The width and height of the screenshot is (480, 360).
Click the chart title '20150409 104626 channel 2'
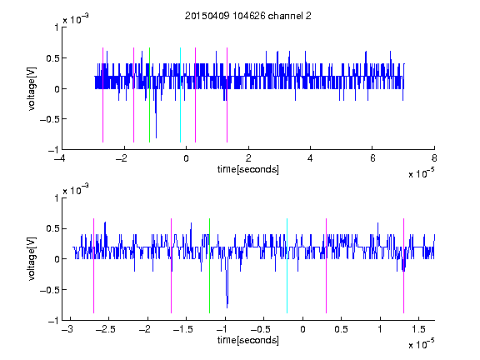248,16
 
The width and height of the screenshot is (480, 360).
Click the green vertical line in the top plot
149,95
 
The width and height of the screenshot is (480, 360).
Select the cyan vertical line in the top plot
180,95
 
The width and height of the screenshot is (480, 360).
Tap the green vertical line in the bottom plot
209,266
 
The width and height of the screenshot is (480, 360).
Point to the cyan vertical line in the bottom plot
287,266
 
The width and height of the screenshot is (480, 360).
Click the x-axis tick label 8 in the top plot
434,158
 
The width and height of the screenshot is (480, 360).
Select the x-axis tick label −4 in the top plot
62,158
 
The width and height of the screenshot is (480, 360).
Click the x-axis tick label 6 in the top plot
372,158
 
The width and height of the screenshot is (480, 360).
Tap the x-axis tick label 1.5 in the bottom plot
418,329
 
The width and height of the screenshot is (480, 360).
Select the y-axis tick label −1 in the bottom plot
53,321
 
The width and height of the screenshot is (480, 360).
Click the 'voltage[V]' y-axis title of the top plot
32,89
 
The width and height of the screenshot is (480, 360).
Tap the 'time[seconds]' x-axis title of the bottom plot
248,340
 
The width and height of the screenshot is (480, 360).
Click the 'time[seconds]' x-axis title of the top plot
248,169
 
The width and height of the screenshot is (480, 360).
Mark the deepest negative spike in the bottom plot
227,307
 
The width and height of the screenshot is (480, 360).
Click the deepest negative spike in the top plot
156,137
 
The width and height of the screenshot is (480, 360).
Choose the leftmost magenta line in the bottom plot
93,266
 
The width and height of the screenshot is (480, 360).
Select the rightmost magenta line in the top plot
227,95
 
